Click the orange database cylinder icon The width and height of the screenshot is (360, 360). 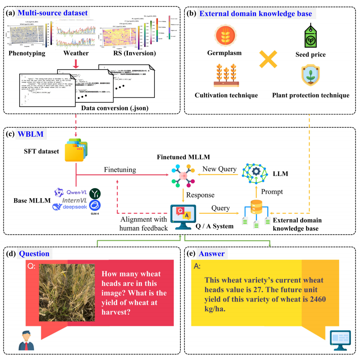[256, 208]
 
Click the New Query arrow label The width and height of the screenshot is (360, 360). [219, 169]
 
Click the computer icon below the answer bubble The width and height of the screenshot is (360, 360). [340, 340]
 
